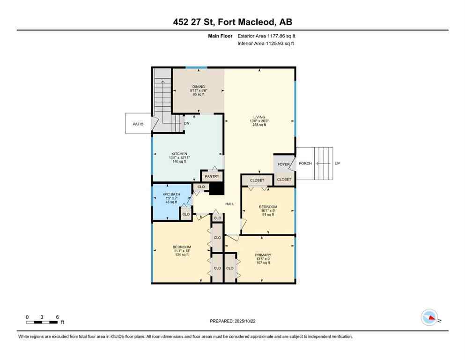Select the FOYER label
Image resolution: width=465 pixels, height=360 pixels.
(x=283, y=164)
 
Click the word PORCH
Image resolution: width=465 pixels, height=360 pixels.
(x=305, y=164)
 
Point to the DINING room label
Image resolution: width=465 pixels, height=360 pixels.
(x=198, y=86)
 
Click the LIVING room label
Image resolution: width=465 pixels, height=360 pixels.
(x=259, y=117)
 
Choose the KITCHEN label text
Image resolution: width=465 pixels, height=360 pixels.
(x=179, y=154)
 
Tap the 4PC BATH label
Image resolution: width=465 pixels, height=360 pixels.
(x=171, y=194)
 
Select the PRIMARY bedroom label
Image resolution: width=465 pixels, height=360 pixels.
(x=263, y=255)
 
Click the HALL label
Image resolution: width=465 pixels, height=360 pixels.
(x=229, y=204)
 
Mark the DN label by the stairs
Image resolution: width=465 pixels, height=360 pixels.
(x=186, y=123)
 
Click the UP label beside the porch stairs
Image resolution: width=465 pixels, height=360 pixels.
(x=337, y=164)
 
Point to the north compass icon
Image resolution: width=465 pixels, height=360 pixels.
(x=429, y=317)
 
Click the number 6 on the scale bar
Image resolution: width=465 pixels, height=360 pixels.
(x=57, y=317)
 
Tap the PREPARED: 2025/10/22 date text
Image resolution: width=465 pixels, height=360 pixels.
(x=232, y=321)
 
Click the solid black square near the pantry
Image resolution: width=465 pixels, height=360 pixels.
(x=216, y=188)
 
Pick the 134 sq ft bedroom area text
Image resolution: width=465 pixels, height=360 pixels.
(x=181, y=255)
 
